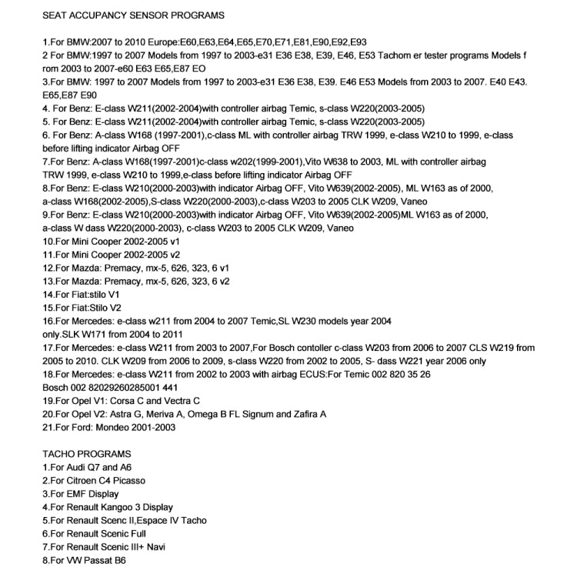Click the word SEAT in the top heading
pyautogui.click(x=55, y=15)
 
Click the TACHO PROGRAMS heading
pyautogui.click(x=87, y=454)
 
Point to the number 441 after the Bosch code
pyautogui.click(x=171, y=388)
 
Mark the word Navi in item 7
pyautogui.click(x=155, y=547)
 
